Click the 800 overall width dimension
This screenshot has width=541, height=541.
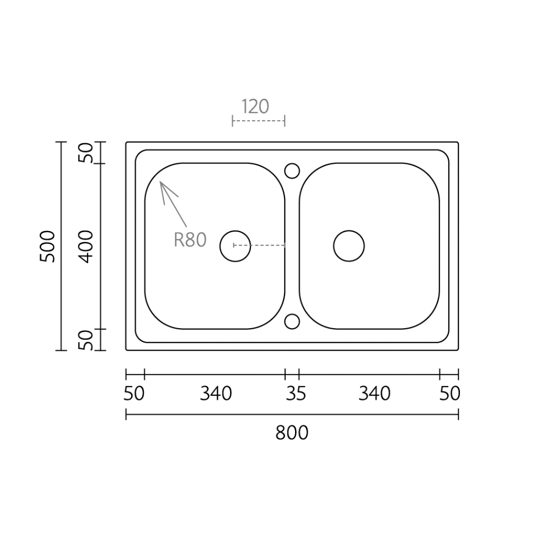(292, 433)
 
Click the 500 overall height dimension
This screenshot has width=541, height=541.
(47, 247)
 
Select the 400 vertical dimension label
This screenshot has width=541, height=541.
(85, 247)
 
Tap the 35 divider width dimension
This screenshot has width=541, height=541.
(296, 393)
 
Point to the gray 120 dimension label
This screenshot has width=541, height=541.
(255, 106)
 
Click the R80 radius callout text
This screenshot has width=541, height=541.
(190, 240)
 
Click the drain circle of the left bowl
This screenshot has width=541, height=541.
(235, 246)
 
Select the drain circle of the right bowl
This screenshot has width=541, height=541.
(349, 246)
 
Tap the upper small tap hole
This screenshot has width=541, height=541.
(292, 171)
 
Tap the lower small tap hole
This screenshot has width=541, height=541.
(292, 321)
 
